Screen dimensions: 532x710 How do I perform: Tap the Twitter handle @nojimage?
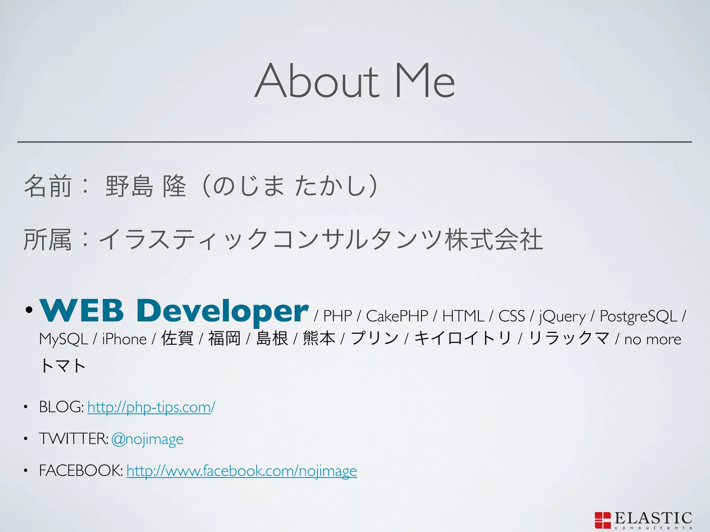pyautogui.click(x=147, y=439)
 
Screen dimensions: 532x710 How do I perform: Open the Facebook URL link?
pyautogui.click(x=242, y=471)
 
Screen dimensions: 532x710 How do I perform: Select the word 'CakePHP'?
pyautogui.click(x=397, y=316)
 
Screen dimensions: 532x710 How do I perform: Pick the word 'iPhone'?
pyautogui.click(x=124, y=339)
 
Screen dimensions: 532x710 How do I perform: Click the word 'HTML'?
pyautogui.click(x=463, y=316)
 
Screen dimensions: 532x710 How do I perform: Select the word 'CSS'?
pyautogui.click(x=511, y=316)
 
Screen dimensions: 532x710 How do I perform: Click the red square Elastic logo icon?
pyautogui.click(x=603, y=520)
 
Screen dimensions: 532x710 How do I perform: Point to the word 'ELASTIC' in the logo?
pyautogui.click(x=653, y=518)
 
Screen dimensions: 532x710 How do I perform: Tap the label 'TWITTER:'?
pyautogui.click(x=73, y=439)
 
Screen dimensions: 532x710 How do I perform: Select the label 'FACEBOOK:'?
pyautogui.click(x=81, y=471)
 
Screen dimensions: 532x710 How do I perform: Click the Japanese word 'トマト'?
pyautogui.click(x=62, y=366)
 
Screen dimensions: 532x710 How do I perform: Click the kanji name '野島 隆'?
pyautogui.click(x=146, y=186)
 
